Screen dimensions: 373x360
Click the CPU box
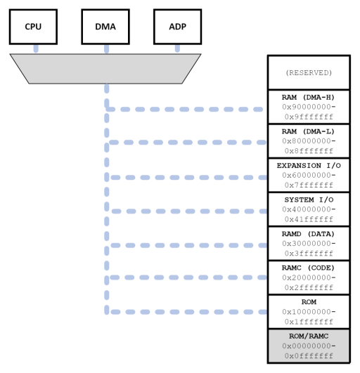coord(33,27)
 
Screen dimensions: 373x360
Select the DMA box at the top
coord(105,27)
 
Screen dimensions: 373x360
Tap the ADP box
coord(177,27)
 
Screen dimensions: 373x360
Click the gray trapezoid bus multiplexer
coord(105,68)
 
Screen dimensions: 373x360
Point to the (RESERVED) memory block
coord(309,72)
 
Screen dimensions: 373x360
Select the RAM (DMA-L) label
coord(309,131)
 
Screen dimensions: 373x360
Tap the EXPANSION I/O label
coord(309,165)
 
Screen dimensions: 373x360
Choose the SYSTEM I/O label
coord(309,199)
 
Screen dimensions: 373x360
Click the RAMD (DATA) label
coord(309,233)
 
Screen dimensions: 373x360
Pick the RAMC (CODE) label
coord(309,268)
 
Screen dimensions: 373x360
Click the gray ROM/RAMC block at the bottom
coord(309,346)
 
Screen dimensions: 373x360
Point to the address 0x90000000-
coord(309,107)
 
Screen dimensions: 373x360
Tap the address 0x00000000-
coord(309,346)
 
